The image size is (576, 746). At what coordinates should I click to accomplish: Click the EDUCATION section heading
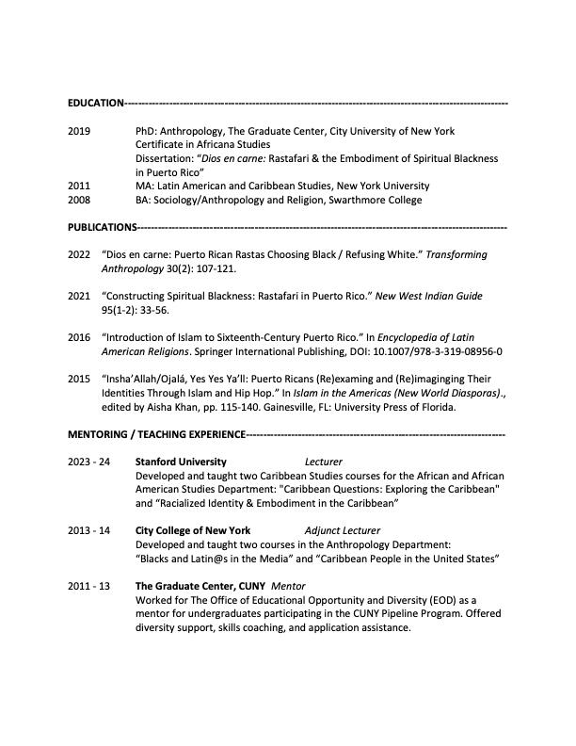click(x=95, y=103)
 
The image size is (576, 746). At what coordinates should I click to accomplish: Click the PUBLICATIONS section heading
click(x=102, y=227)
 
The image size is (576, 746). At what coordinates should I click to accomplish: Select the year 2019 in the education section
click(x=79, y=131)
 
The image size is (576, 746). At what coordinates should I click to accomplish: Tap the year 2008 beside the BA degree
click(x=79, y=200)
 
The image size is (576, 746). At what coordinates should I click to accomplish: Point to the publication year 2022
click(x=79, y=254)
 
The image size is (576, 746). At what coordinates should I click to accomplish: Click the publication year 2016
click(x=79, y=337)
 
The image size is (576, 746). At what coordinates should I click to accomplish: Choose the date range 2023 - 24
click(x=88, y=462)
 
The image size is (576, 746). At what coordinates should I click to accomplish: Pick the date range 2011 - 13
click(x=88, y=586)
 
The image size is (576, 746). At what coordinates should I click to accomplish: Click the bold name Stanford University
click(x=181, y=462)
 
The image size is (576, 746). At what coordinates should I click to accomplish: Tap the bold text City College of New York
click(x=193, y=530)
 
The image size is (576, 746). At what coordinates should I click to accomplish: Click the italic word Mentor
click(x=288, y=586)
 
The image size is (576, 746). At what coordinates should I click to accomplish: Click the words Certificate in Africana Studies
click(x=202, y=145)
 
